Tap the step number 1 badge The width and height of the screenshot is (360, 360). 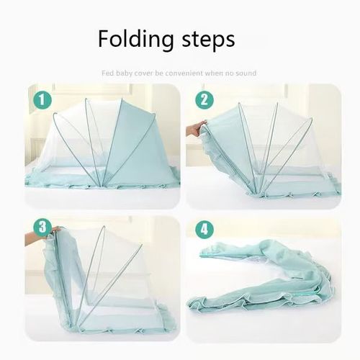[42, 99]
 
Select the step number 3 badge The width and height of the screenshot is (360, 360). [42, 229]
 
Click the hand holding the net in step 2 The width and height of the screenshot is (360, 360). [195, 130]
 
